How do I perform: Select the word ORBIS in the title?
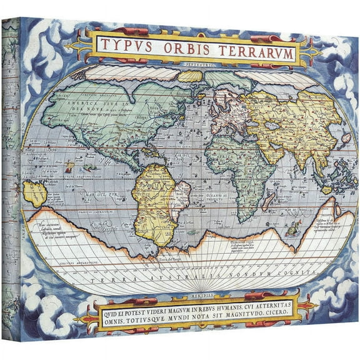(x=186, y=49)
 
